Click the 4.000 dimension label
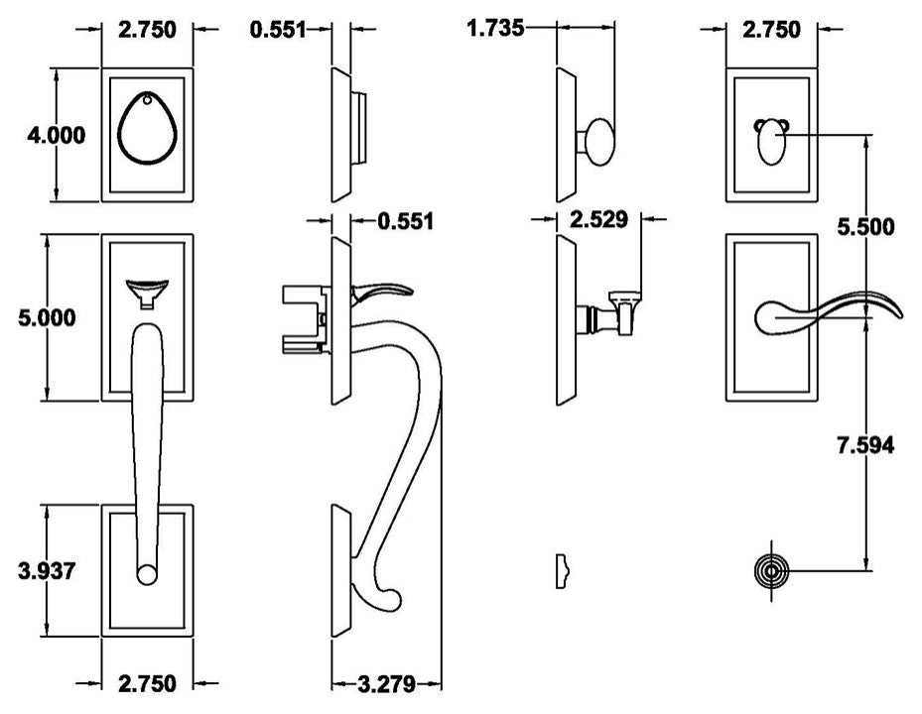56,135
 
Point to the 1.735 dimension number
495,27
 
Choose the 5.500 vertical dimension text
865,227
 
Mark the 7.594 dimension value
865,446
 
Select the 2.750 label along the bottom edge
147,683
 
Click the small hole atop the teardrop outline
148,98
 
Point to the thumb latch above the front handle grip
148,291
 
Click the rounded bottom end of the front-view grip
147,573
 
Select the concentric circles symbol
772,572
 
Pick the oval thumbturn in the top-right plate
772,147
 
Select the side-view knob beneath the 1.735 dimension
598,139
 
